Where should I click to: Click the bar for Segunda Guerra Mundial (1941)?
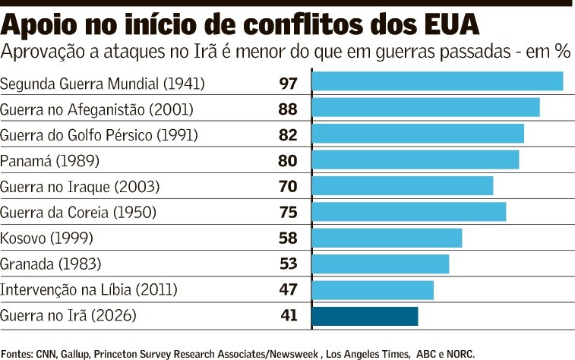(x=438, y=81)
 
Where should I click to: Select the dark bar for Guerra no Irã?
(x=365, y=316)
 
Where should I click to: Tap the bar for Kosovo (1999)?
(x=387, y=238)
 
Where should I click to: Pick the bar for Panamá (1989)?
(x=415, y=159)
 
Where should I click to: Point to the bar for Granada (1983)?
(x=381, y=264)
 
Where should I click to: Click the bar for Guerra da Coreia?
(x=409, y=212)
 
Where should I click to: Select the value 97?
(x=288, y=82)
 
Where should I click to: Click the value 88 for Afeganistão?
(x=288, y=109)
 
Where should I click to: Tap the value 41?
(x=288, y=315)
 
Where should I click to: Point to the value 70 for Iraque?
(x=288, y=186)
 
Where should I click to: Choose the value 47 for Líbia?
(x=288, y=289)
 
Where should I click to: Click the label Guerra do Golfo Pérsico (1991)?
(x=99, y=135)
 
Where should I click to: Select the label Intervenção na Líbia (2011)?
(x=89, y=289)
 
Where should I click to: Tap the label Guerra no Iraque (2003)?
(x=80, y=186)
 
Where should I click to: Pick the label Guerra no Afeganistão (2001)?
(x=96, y=109)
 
